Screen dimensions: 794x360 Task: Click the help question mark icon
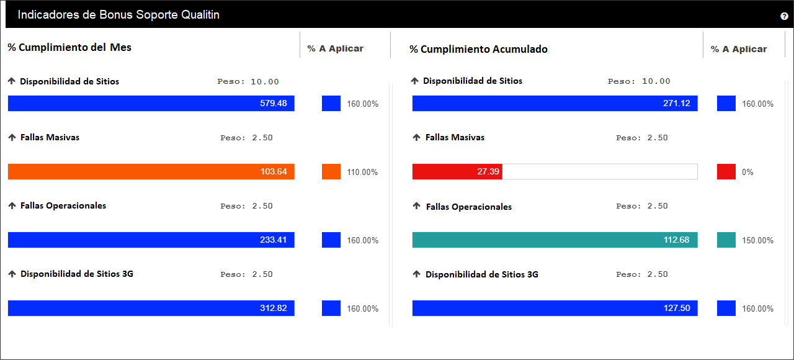(784, 16)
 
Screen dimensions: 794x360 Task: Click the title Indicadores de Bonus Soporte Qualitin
(118, 15)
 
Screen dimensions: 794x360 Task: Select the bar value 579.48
(274, 103)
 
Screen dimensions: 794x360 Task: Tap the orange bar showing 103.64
(151, 172)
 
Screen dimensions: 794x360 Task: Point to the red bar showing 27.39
(457, 172)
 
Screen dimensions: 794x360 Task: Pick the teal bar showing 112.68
(555, 240)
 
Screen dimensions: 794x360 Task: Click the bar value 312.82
(274, 308)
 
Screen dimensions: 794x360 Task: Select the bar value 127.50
(677, 308)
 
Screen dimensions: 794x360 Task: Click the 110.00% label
(362, 173)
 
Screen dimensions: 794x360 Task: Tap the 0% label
(747, 173)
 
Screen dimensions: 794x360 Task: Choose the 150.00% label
(758, 240)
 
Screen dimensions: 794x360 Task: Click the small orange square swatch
(331, 172)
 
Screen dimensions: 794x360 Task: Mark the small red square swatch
(726, 172)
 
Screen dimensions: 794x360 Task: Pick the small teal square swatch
(726, 240)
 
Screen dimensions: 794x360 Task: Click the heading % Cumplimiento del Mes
(69, 47)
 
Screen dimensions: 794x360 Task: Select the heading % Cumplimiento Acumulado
(478, 49)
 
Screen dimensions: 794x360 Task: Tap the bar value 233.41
(274, 240)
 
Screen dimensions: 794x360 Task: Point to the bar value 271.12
(677, 103)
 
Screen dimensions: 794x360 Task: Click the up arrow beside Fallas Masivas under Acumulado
(416, 137)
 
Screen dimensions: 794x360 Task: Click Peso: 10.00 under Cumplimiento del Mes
(248, 81)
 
